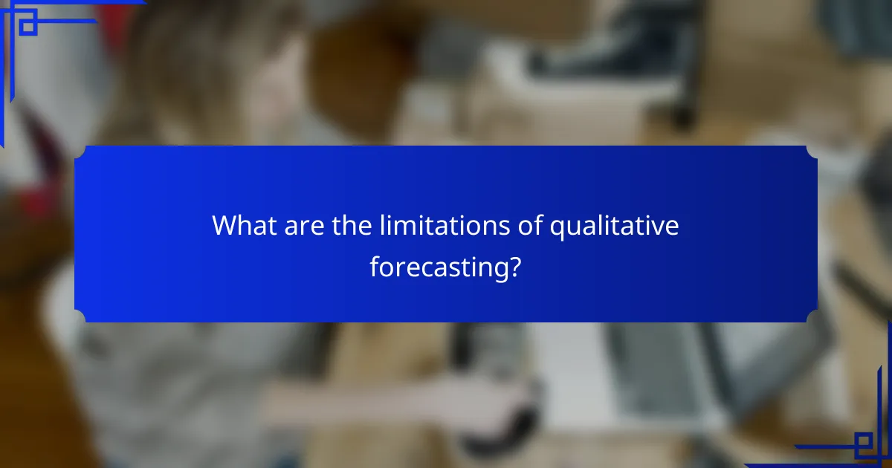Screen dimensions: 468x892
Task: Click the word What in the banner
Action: click(244, 226)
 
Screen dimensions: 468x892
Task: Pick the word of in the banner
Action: click(529, 226)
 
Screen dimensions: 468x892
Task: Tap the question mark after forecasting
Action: click(514, 267)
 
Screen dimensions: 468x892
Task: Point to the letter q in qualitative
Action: click(557, 229)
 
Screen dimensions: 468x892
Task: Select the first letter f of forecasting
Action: click(374, 267)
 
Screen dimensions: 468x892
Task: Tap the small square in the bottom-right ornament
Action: click(863, 445)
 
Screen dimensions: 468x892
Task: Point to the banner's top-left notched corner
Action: click(80, 152)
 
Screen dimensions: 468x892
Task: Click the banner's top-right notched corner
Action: click(812, 152)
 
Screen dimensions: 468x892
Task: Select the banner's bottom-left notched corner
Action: click(80, 316)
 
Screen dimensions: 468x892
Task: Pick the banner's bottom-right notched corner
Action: click(812, 316)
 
